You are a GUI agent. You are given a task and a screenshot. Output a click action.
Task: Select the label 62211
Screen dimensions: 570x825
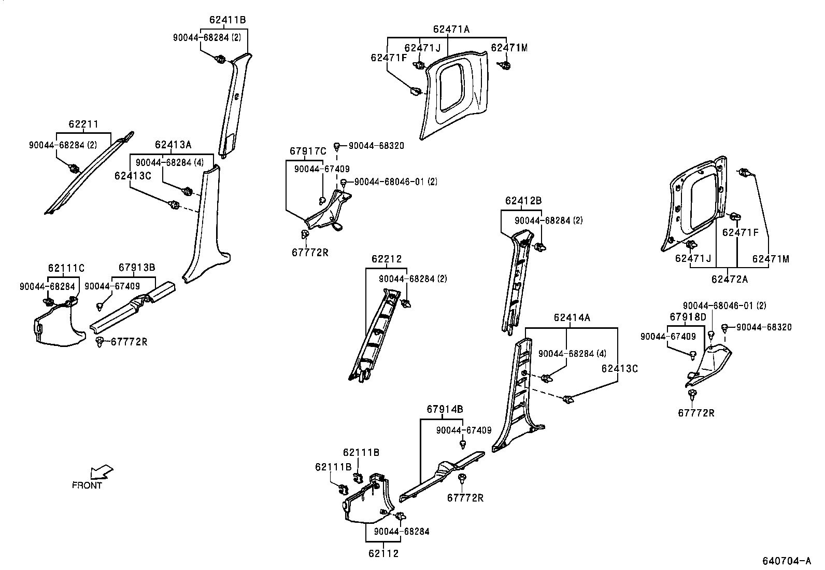pyautogui.click(x=83, y=124)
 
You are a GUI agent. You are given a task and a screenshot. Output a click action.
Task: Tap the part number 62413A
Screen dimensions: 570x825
pyautogui.click(x=173, y=144)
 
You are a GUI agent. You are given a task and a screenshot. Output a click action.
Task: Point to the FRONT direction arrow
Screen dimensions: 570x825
pyautogui.click(x=101, y=471)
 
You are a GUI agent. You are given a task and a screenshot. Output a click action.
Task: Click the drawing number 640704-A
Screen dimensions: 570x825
pyautogui.click(x=786, y=561)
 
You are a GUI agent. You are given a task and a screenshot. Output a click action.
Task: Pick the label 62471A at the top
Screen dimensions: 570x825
pyautogui.click(x=451, y=30)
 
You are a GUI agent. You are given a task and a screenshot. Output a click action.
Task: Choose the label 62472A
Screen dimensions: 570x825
pyautogui.click(x=729, y=279)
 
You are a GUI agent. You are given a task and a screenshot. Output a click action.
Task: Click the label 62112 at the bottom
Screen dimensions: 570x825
pyautogui.click(x=383, y=553)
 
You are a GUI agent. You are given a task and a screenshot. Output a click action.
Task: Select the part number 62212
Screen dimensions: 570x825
pyautogui.click(x=386, y=259)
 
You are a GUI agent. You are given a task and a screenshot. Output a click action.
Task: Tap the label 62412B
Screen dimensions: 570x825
pyautogui.click(x=523, y=201)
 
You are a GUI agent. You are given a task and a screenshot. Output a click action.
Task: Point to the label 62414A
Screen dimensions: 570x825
pyautogui.click(x=572, y=317)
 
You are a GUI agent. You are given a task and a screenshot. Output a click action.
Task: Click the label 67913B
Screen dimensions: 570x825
pyautogui.click(x=136, y=268)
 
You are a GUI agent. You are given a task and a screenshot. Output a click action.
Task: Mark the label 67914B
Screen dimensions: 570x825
pyautogui.click(x=445, y=409)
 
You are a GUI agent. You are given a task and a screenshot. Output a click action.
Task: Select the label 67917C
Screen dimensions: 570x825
pyautogui.click(x=308, y=151)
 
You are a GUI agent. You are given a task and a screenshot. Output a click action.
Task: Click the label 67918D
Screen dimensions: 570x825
pyautogui.click(x=688, y=316)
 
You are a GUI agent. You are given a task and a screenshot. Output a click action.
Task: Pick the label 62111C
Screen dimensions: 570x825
pyautogui.click(x=66, y=268)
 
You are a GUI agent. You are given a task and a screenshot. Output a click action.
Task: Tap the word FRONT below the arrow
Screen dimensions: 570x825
pyautogui.click(x=87, y=485)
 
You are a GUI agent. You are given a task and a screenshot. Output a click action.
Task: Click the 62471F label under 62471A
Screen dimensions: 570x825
pyautogui.click(x=389, y=58)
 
